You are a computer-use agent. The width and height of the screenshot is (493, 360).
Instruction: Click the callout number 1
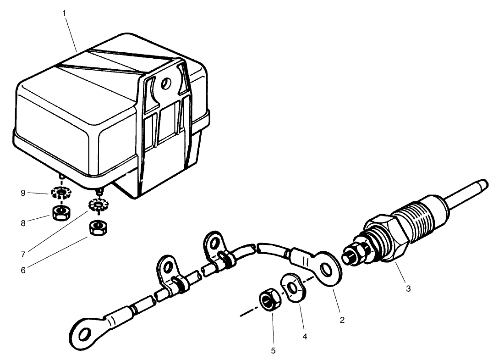65,12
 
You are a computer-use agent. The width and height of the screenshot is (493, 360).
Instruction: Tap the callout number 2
342,320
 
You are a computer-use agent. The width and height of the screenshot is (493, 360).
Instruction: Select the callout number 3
408,288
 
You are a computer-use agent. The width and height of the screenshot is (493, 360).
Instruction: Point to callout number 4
304,337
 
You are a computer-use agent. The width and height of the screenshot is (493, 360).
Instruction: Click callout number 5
274,351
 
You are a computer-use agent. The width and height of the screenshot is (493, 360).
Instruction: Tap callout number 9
23,193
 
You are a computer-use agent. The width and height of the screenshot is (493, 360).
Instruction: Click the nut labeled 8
60,213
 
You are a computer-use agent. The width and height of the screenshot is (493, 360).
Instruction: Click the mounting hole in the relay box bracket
166,83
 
